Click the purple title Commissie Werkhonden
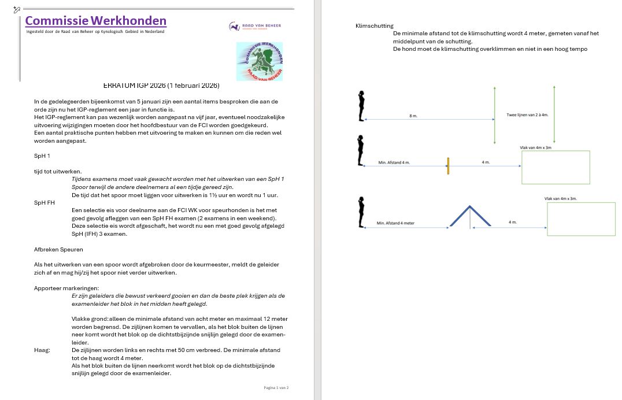(x=96, y=21)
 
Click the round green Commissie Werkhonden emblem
(x=260, y=62)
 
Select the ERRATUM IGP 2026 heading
(x=161, y=86)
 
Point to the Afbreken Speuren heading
(x=58, y=249)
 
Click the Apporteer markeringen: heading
(x=66, y=288)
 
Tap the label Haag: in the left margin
(x=42, y=350)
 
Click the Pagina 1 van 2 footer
(x=276, y=387)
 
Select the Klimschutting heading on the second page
(x=375, y=26)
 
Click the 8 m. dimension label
(x=413, y=116)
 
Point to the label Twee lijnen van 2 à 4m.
(x=527, y=115)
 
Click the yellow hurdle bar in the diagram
(x=448, y=166)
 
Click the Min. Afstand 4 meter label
(x=395, y=223)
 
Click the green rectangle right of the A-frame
(x=580, y=219)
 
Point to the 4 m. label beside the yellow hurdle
(x=486, y=162)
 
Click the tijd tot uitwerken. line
(x=58, y=171)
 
